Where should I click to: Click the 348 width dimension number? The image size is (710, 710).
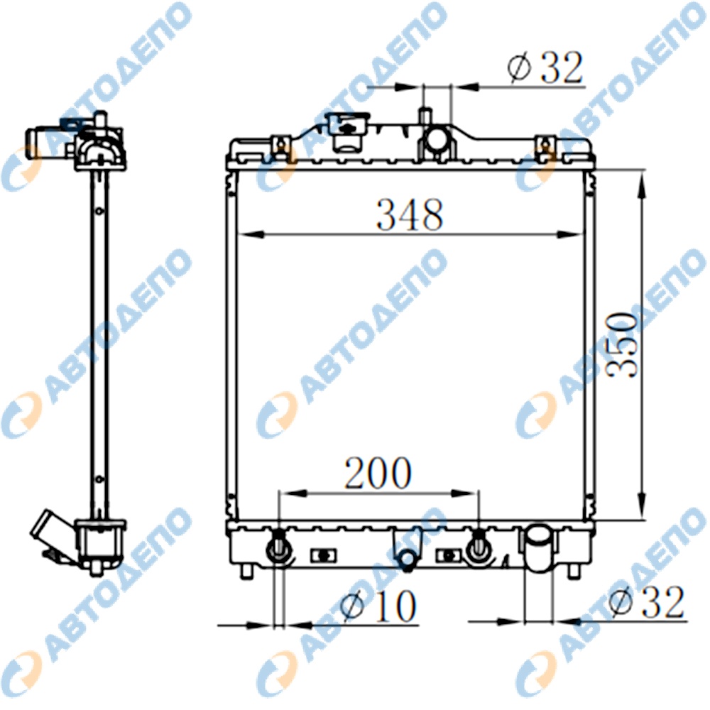click(x=410, y=214)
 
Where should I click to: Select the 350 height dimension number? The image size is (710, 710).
click(x=621, y=345)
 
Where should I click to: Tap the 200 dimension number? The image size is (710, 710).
click(x=378, y=473)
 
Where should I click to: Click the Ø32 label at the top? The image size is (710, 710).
click(x=545, y=68)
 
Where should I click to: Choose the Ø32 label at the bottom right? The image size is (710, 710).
click(x=647, y=602)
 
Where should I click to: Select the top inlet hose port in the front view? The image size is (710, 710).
click(x=437, y=138)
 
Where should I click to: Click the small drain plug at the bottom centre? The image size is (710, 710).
click(x=408, y=559)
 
